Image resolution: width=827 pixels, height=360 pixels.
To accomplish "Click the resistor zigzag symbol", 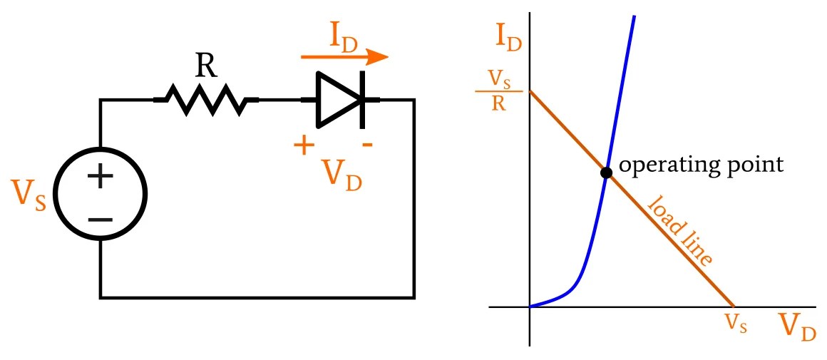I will tap(206, 99).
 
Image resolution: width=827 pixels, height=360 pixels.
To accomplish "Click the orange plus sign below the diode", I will tap(304, 146).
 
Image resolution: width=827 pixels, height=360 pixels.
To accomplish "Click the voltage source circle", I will tap(101, 194).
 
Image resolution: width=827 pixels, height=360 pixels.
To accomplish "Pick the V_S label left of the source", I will tap(29, 195).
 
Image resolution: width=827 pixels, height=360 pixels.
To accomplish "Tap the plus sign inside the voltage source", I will tap(101, 175).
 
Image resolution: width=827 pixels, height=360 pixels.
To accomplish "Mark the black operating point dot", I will tap(606, 173).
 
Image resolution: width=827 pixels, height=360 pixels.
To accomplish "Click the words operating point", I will tap(701, 165).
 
